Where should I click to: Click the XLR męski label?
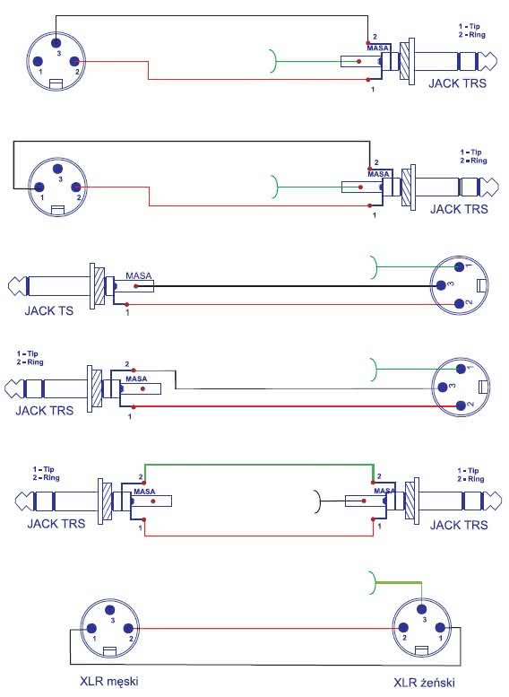point(108,681)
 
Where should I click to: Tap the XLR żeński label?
point(424,683)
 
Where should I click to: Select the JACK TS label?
point(49,310)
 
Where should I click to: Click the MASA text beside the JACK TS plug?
point(139,275)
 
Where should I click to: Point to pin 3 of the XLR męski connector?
point(110,610)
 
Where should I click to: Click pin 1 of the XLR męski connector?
point(91,629)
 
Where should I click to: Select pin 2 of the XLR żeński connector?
point(403,628)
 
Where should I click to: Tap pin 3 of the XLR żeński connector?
point(422,609)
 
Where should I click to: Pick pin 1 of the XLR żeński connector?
point(440,628)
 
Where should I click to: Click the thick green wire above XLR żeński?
point(398,583)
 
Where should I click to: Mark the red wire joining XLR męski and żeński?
point(265,628)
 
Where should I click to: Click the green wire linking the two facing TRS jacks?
point(259,465)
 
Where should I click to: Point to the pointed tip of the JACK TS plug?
point(10,286)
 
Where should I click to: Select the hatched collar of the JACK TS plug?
point(100,286)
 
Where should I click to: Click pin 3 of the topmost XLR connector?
point(56,43)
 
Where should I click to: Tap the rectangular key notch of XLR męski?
point(109,651)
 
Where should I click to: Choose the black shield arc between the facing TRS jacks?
point(317,501)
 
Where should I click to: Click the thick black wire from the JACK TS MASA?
point(288,286)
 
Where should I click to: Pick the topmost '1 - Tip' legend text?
point(469,26)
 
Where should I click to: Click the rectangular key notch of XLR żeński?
point(421,650)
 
